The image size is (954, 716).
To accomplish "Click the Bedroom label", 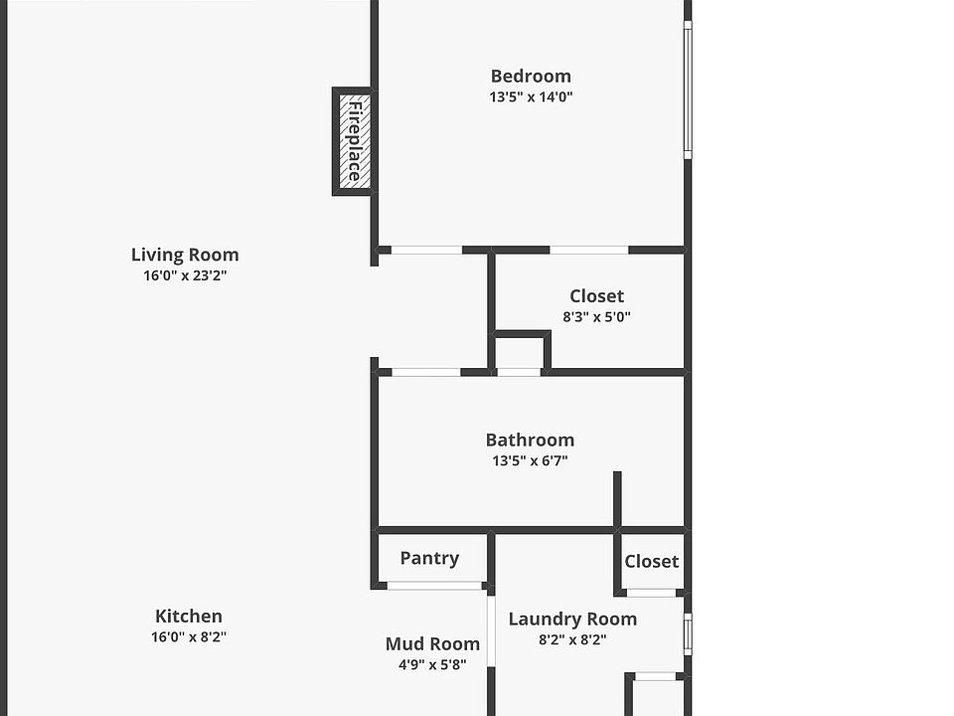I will click(531, 76).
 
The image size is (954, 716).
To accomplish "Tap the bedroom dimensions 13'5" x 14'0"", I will click(531, 97).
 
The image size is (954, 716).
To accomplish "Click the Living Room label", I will click(185, 255).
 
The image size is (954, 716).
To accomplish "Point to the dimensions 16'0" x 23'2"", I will click(185, 276).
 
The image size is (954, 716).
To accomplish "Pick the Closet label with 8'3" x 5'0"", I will click(596, 295).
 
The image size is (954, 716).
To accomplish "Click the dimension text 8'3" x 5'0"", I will click(596, 317).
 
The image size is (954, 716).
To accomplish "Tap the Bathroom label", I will click(530, 440).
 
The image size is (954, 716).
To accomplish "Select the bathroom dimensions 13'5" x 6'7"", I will click(530, 461).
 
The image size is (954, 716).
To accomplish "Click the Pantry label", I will click(429, 558).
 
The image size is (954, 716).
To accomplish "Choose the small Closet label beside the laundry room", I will click(651, 561).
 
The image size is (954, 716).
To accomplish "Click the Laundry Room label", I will click(572, 619).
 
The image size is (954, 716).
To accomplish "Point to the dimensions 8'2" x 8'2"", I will click(572, 640).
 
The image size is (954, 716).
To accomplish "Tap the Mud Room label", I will click(432, 643).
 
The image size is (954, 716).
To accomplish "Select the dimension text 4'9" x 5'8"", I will click(425, 665).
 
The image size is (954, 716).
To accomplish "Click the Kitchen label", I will click(189, 617).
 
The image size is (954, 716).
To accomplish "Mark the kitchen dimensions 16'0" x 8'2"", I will click(189, 637).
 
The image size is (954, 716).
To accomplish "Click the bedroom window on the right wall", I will click(688, 89).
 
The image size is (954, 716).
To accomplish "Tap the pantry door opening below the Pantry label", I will click(433, 586).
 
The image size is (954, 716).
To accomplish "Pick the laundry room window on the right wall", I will click(688, 633).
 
